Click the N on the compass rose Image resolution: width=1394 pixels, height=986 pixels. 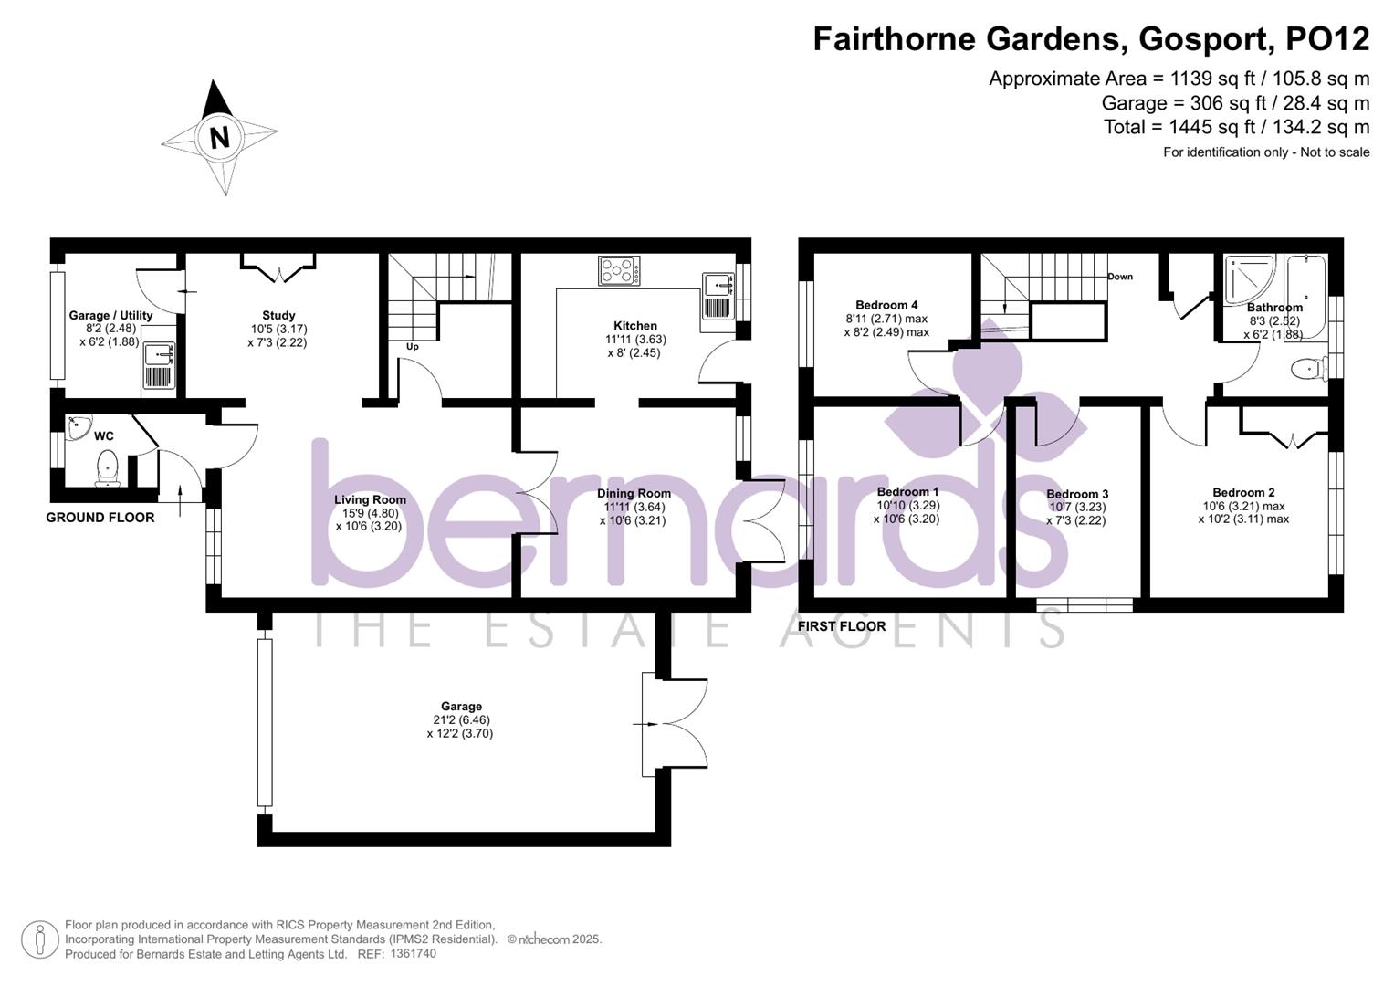(x=219, y=138)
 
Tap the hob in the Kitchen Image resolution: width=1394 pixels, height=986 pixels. (x=619, y=270)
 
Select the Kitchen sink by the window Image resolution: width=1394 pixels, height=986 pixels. (x=718, y=295)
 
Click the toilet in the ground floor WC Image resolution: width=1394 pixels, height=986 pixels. (x=107, y=467)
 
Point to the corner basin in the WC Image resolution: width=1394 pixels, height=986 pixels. (x=78, y=425)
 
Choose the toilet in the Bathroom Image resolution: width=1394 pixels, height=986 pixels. (x=1307, y=370)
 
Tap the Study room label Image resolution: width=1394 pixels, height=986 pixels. (x=278, y=315)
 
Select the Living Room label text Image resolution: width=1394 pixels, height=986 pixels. (x=370, y=499)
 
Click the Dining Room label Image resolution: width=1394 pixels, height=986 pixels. (x=634, y=493)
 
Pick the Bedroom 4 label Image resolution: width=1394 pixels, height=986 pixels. (x=886, y=305)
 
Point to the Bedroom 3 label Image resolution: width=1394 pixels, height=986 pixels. (x=1077, y=494)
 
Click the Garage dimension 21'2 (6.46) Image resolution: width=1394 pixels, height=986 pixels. (x=461, y=719)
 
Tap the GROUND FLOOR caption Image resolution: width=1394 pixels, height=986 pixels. (x=100, y=518)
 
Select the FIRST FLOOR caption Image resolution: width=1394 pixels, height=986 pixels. (x=842, y=626)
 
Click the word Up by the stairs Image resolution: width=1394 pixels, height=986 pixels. (x=413, y=347)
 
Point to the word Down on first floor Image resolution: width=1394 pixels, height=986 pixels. (x=1120, y=277)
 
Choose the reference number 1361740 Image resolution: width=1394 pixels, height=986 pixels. (x=413, y=953)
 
